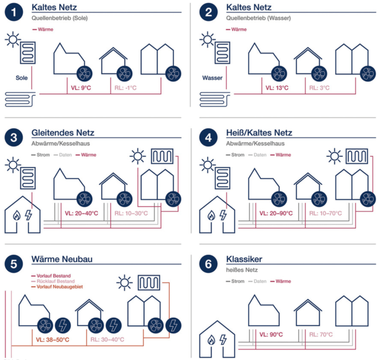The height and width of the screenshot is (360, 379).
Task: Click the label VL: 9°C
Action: (80, 88)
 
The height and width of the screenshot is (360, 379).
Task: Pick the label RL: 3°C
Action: (319, 88)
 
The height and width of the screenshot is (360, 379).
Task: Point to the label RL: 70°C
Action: (321, 334)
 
